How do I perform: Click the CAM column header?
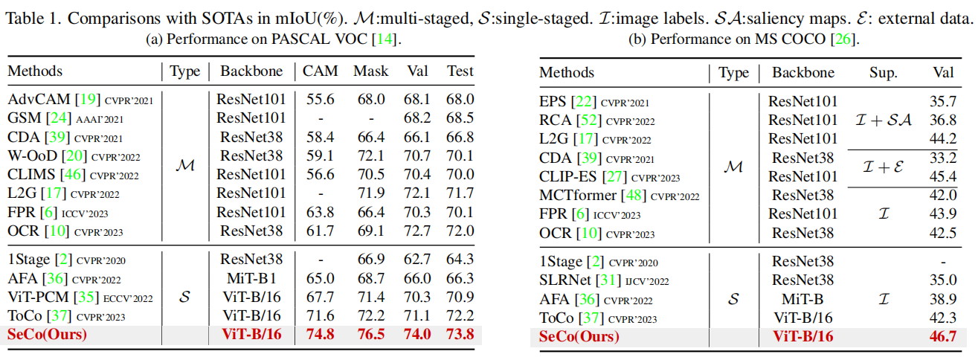coord(320,71)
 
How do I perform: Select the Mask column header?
coord(371,71)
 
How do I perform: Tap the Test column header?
coord(460,71)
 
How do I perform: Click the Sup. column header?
coord(883,72)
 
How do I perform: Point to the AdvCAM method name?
coord(38,99)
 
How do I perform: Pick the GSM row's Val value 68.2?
coord(418,118)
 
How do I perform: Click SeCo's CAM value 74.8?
coord(320,334)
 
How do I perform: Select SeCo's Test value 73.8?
coord(460,334)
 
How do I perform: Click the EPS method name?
coord(553,102)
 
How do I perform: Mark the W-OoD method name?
coord(36,155)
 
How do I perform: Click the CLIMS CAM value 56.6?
coord(320,174)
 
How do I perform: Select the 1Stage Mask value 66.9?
coord(371,259)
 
